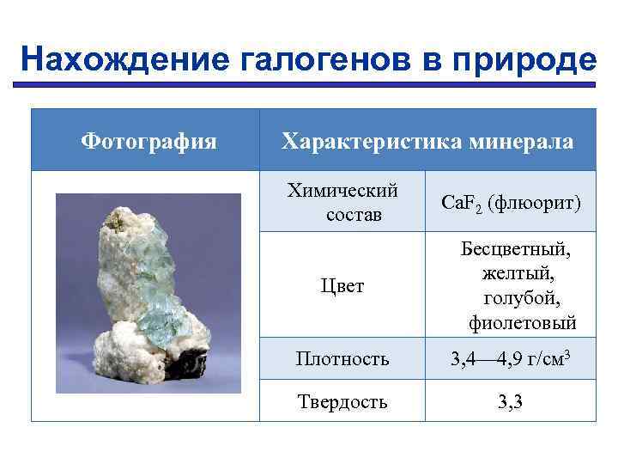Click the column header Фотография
148,139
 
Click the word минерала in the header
523,140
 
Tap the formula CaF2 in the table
462,204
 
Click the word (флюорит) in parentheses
534,203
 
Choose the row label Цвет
342,286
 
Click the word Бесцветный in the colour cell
515,249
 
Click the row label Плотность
342,358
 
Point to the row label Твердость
342,400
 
